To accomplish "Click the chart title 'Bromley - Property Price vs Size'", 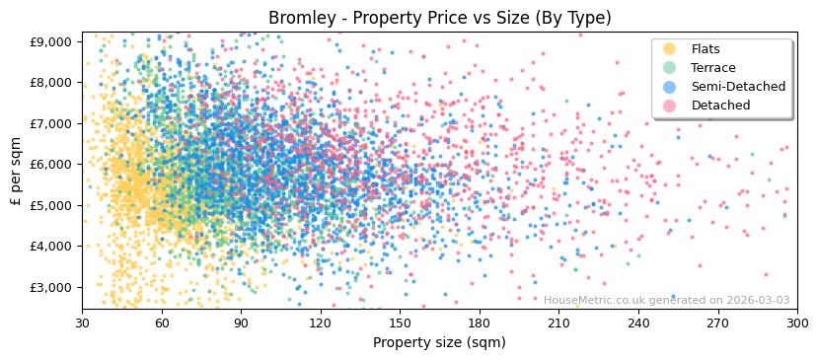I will coord(439,18).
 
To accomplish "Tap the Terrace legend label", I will coord(713,68).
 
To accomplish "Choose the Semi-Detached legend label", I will coord(738,87).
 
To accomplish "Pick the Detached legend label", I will coord(720,106).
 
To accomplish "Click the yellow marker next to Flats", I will coord(670,49).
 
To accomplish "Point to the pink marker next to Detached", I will coord(670,106).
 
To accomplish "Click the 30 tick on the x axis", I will coord(83,323).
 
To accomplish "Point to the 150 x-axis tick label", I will coord(400,323).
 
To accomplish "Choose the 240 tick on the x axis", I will coord(638,323).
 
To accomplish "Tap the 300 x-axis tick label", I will coord(796,323).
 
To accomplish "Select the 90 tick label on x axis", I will coord(242,323).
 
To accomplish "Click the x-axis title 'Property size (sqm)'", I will coord(439,342).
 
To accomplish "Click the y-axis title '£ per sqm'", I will coord(16,171).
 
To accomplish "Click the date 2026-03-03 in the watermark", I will coord(758,301).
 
